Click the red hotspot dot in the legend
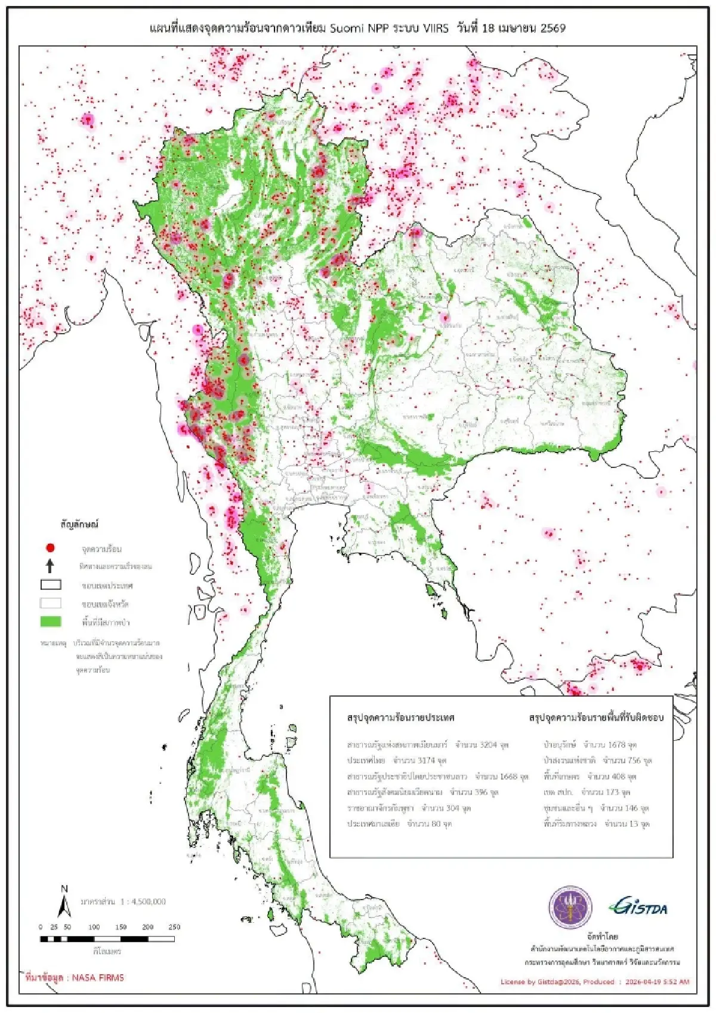coord(51,547)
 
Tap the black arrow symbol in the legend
coord(51,565)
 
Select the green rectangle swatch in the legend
coord(51,621)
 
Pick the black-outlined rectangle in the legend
coord(51,585)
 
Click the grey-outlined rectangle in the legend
coord(51,603)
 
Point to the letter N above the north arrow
coord(64,889)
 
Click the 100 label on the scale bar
coord(94,927)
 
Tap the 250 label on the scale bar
coord(174,927)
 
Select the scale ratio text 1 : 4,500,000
coord(143,901)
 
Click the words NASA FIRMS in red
coord(98,978)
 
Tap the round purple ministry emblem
coord(570,907)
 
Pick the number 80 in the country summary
coord(436,824)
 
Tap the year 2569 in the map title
coord(553,28)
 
